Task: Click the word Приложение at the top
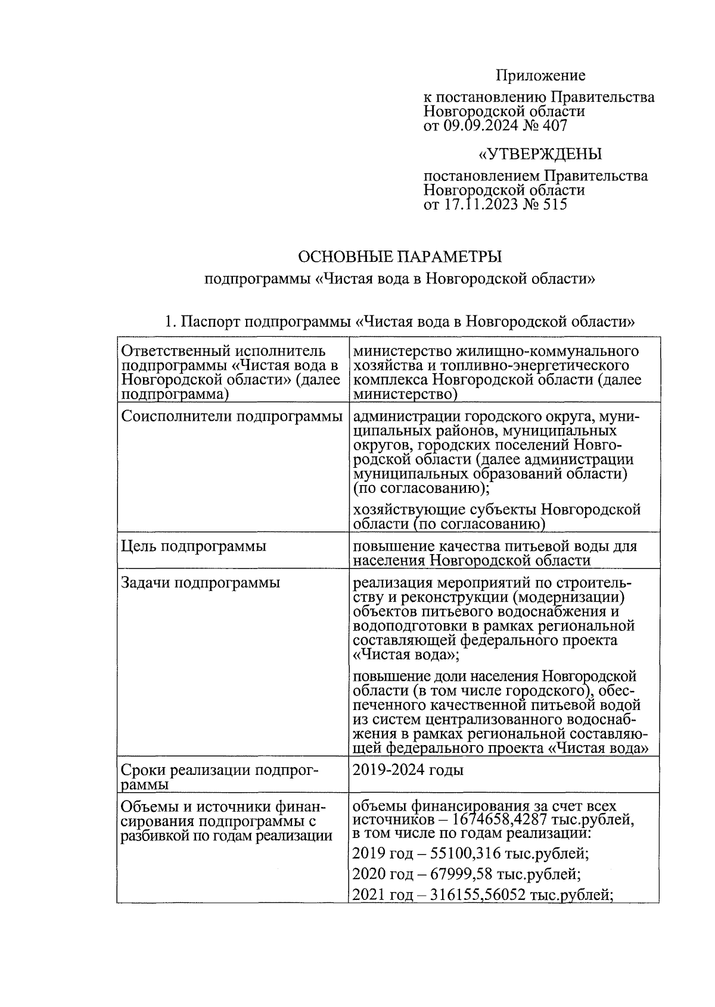[x=540, y=76]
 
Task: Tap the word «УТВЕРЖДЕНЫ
[x=540, y=155]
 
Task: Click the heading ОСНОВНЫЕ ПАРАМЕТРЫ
[x=400, y=257]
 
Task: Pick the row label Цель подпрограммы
[x=194, y=546]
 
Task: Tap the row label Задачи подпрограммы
[x=200, y=583]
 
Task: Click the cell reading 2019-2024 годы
[x=408, y=770]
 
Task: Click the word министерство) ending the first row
[x=405, y=394]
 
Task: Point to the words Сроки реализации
[x=185, y=771]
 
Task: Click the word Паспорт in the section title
[x=210, y=323]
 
